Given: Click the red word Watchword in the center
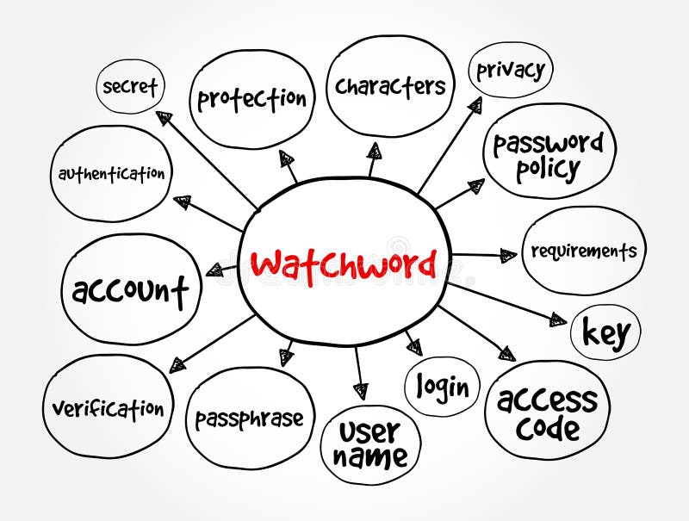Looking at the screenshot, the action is [344, 264].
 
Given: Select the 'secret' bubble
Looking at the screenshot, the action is [130, 87].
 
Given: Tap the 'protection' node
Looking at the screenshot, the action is [251, 98].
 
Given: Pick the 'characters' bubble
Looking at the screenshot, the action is [390, 86].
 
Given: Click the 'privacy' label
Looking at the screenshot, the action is [510, 70].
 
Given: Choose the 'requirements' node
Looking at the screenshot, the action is [583, 251].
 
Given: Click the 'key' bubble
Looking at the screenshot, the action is [606, 332].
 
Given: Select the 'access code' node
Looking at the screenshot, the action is [547, 412].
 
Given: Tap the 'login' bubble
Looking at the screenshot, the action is [443, 387].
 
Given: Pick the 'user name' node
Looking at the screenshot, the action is [370, 443].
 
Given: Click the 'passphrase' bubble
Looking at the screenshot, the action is [249, 419].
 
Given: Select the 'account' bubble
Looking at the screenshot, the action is [130, 290].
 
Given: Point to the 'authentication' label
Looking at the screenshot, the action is [111, 173].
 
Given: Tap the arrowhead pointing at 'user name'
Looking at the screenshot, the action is [361, 390].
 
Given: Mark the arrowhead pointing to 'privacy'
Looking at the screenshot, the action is [475, 105].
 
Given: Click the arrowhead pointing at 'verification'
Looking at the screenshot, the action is [177, 364].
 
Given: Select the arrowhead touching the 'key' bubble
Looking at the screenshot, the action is [557, 320].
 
